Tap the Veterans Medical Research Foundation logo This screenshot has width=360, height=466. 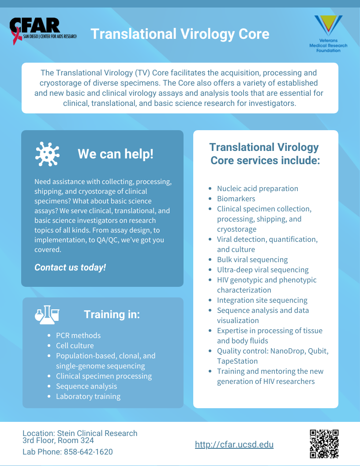tap(328, 34)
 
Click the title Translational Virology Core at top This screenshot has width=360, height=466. tap(180, 34)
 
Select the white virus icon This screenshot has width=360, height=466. tap(47, 154)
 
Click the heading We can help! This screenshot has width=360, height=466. tap(116, 154)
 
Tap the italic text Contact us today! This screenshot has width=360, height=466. tap(70, 267)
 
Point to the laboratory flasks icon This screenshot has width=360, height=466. tap(47, 315)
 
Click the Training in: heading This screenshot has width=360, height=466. tap(112, 315)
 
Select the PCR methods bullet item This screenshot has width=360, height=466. tap(79, 335)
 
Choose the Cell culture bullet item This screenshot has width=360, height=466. tap(75, 346)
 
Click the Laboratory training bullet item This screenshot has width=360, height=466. tap(88, 396)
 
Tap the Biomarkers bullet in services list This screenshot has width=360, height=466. tap(236, 199)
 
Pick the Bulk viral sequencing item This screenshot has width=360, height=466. tap(252, 259)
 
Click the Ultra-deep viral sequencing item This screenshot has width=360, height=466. tap(263, 270)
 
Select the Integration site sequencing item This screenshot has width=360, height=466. tap(262, 300)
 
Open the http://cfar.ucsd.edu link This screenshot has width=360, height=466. tap(234, 444)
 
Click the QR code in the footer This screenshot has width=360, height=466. tap(324, 443)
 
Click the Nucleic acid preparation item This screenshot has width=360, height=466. tap(258, 188)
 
